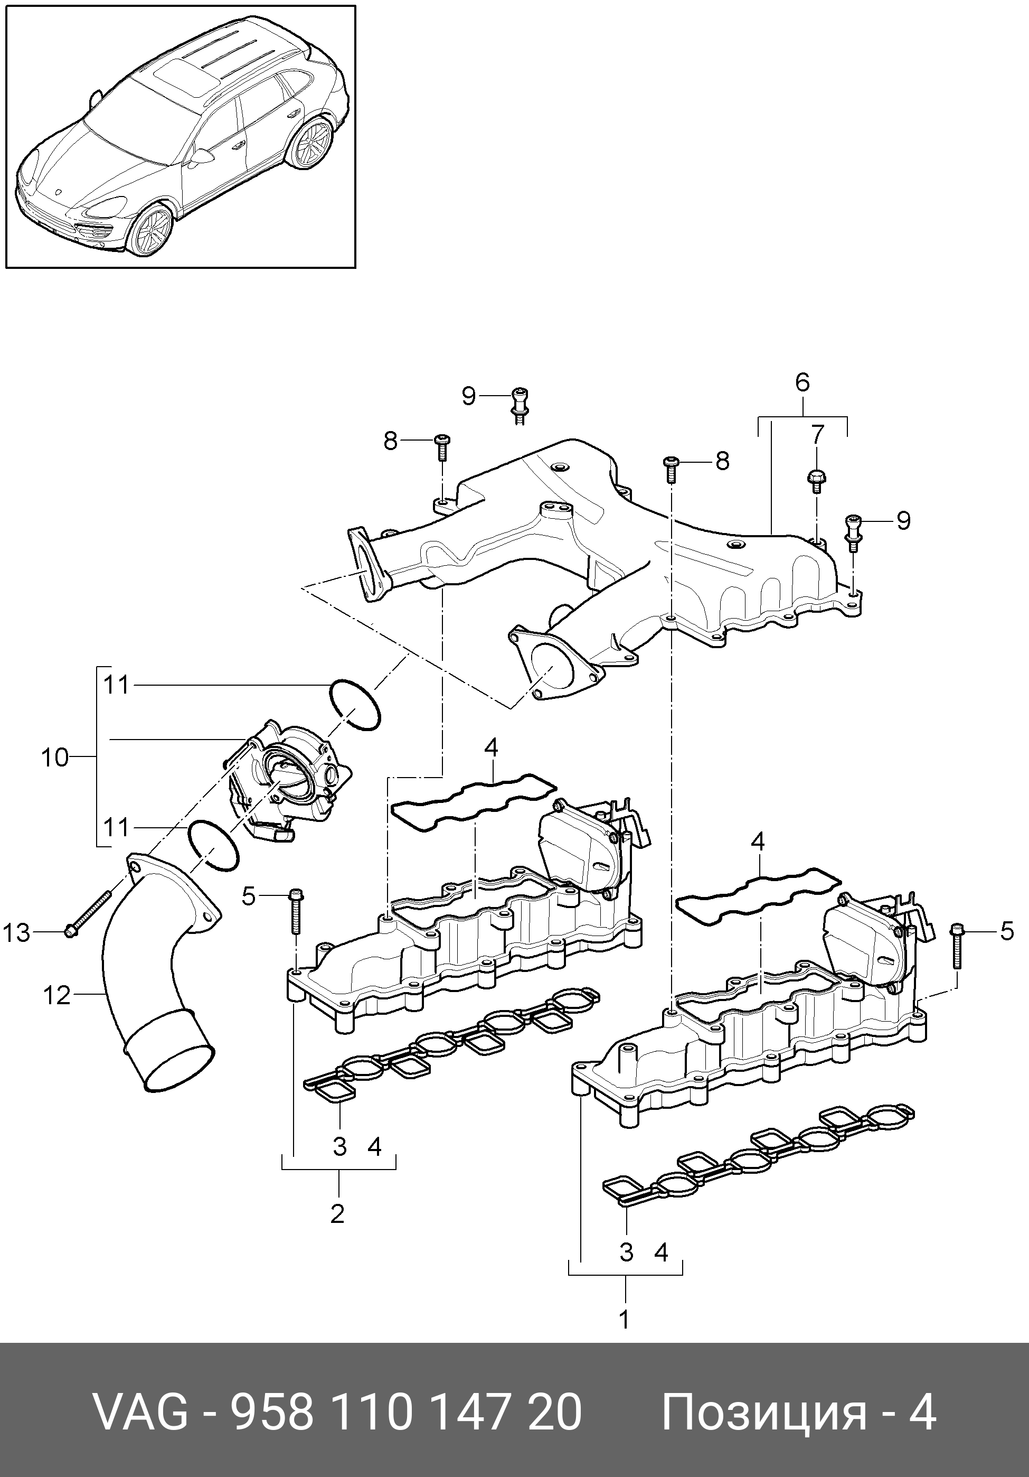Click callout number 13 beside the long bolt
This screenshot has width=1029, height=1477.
(x=17, y=933)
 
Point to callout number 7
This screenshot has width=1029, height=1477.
(x=816, y=435)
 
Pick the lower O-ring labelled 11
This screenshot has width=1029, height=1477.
(x=213, y=847)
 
